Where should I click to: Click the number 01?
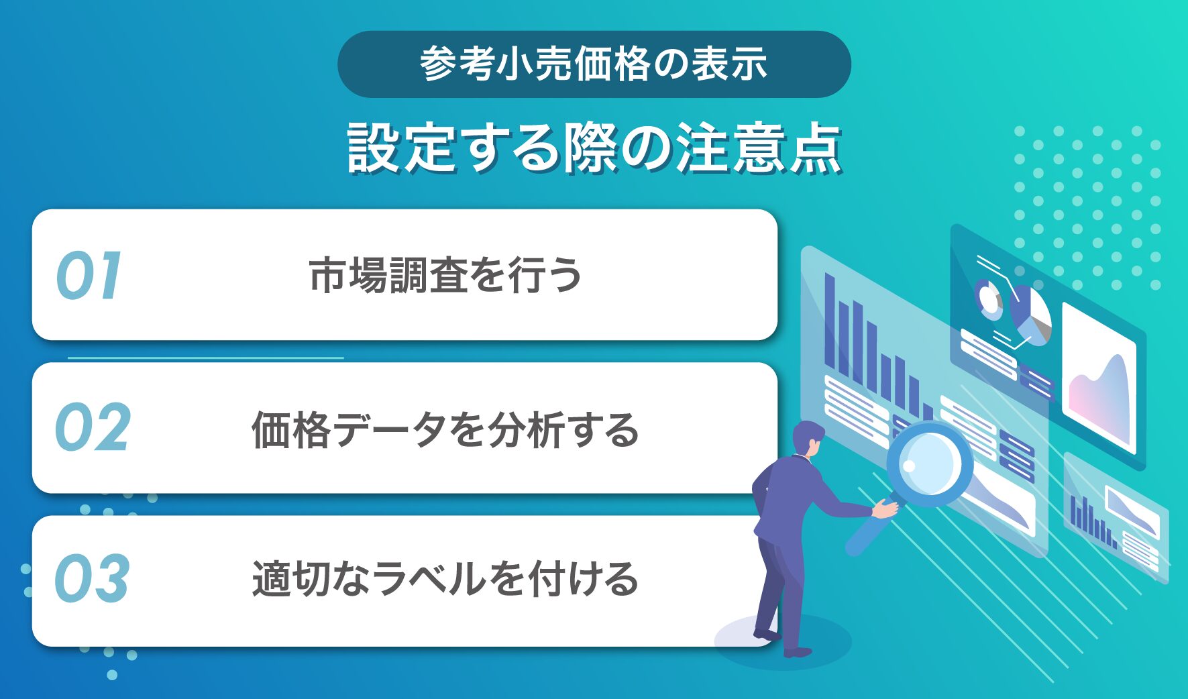click(x=89, y=275)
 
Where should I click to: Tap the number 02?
click(x=92, y=427)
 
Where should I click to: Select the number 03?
click(x=91, y=578)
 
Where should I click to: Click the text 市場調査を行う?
click(x=445, y=275)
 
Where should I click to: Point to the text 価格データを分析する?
click(x=445, y=429)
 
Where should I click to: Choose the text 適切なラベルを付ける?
click(x=445, y=578)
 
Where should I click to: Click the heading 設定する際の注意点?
click(x=594, y=148)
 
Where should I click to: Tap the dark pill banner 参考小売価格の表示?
click(x=594, y=64)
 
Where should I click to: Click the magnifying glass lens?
click(x=929, y=462)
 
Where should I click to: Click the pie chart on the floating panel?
click(x=1030, y=315)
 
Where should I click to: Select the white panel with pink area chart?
click(x=1099, y=380)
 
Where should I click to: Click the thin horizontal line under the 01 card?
click(x=206, y=358)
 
